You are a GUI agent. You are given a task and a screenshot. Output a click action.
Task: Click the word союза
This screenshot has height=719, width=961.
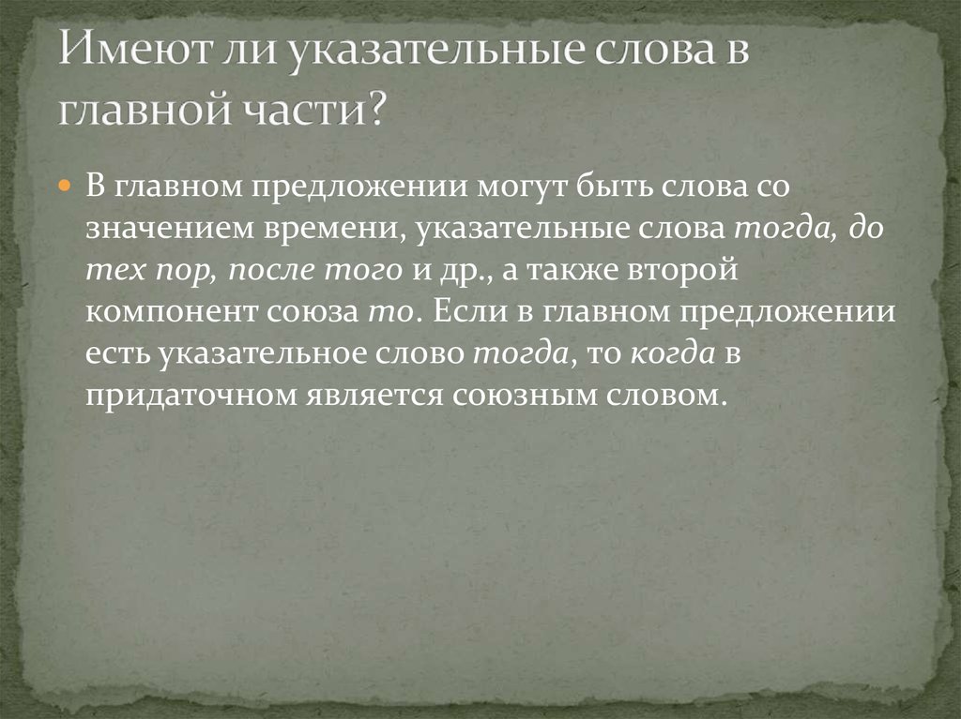tap(310, 312)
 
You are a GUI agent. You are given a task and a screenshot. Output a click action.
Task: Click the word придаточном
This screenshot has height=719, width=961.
tap(187, 397)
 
